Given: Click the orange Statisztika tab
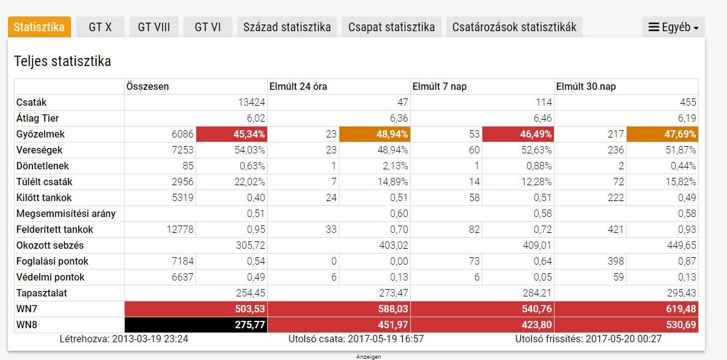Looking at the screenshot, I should [x=39, y=27].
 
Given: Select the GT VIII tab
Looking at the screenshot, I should [x=153, y=27].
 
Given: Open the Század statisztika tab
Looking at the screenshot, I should [x=287, y=27].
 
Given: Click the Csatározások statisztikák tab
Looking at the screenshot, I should [x=514, y=27].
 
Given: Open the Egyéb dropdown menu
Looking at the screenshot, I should [x=673, y=27].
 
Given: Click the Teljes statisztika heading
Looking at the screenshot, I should [x=62, y=61].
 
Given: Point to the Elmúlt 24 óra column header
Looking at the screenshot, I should [x=298, y=86].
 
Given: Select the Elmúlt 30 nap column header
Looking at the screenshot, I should [x=586, y=86].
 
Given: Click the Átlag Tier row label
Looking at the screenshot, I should [x=38, y=118].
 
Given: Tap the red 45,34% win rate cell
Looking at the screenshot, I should [x=232, y=134].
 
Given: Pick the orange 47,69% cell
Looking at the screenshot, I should [x=662, y=134].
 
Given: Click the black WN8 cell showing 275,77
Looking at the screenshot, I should [x=196, y=325].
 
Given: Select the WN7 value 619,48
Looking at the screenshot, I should [x=626, y=309].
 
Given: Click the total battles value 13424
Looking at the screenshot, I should [x=251, y=102].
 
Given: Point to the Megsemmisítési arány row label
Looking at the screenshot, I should [x=66, y=213].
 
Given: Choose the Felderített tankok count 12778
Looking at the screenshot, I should [x=180, y=229].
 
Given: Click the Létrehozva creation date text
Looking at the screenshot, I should [x=124, y=339].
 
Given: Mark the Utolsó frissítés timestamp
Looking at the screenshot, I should [x=588, y=339].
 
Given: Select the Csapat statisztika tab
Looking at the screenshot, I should [x=391, y=27].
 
